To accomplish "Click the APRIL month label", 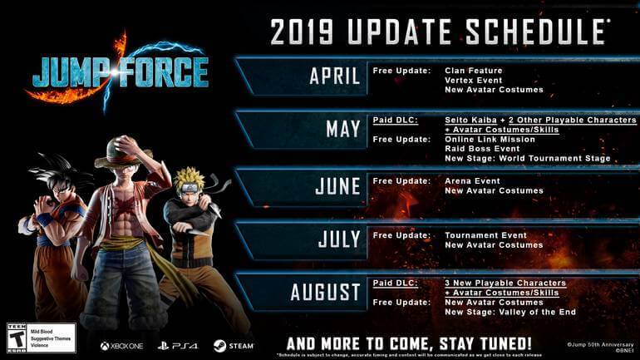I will click(x=334, y=76).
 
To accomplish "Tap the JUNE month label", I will click(x=337, y=185).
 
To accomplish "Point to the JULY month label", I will click(x=339, y=239).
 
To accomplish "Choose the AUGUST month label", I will click(x=325, y=293).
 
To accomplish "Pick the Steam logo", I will click(x=232, y=345).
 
